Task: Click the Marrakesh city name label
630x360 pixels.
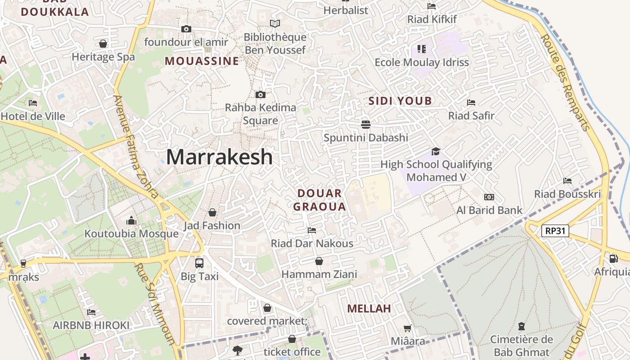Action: [x=219, y=157]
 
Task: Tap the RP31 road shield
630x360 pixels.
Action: [x=554, y=231]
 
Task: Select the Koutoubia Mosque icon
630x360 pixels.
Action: [x=131, y=220]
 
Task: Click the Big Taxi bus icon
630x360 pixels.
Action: [x=199, y=263]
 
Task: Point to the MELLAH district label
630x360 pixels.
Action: [x=369, y=309]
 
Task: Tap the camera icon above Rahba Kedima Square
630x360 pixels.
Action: [x=260, y=94]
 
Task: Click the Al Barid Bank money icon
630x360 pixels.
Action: [x=489, y=197]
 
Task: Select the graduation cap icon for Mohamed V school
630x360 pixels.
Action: [x=435, y=151]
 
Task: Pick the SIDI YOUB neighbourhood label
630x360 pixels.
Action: [x=400, y=101]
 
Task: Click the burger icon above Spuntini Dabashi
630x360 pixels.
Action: [x=365, y=124]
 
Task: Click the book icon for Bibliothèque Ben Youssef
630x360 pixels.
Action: [x=274, y=23]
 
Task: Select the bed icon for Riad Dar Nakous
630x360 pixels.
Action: [x=311, y=230]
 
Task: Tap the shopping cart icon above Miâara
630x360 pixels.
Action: [x=407, y=328]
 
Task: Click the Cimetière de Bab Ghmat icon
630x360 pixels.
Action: [x=522, y=326]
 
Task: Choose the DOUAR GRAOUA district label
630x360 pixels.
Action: [x=319, y=200]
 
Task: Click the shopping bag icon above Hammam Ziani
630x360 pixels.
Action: [x=319, y=261]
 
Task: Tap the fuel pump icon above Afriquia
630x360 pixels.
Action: [x=613, y=259]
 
